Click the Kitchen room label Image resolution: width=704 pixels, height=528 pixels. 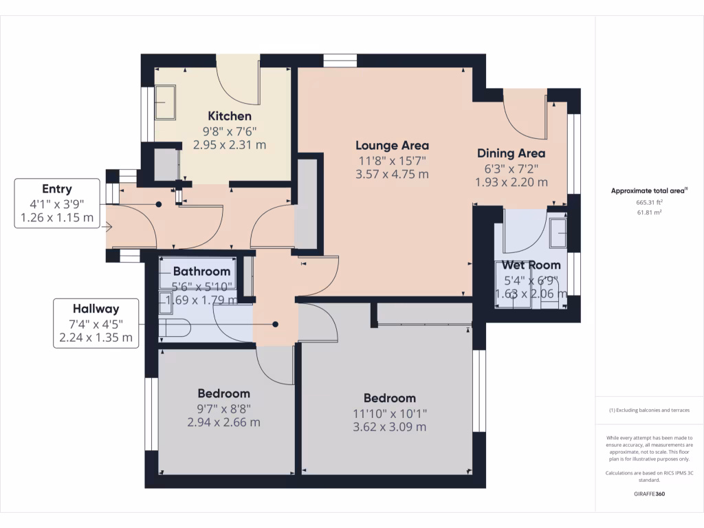230,116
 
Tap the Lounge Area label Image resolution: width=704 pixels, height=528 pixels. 392,145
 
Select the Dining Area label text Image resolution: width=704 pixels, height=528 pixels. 511,153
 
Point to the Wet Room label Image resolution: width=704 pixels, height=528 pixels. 531,265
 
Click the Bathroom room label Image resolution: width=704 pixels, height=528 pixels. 201,271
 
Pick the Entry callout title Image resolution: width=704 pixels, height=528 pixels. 56,189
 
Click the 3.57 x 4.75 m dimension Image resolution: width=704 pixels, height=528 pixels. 392,174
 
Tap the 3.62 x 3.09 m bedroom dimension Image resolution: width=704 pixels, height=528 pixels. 389,427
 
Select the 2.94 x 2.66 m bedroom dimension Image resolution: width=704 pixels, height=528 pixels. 223,422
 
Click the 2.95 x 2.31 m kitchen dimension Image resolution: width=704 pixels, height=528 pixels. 230,145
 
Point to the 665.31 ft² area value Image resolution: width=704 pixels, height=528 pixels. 649,203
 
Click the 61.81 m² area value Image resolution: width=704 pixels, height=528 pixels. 649,213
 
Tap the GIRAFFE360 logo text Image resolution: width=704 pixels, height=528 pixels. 649,494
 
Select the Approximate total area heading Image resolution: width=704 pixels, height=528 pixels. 649,191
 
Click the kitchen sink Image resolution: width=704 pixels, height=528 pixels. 166,102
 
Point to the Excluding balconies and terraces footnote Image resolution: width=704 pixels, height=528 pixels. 649,410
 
